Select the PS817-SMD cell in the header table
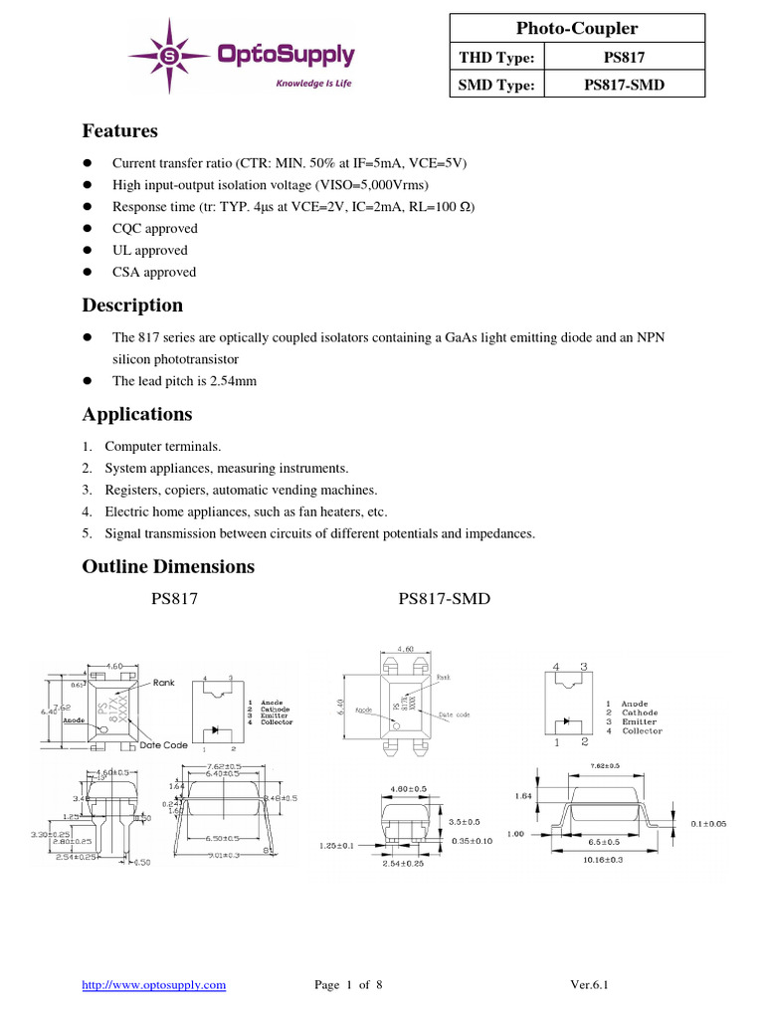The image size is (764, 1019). tap(624, 85)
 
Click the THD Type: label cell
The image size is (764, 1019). tap(496, 58)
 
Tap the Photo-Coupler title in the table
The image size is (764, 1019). tap(577, 29)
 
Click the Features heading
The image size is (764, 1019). tap(119, 131)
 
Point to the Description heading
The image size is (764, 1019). tap(132, 306)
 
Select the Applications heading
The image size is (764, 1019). tap(137, 414)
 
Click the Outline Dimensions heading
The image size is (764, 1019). tap(167, 566)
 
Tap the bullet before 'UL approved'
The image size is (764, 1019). tap(87, 251)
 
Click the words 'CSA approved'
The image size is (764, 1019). tap(154, 272)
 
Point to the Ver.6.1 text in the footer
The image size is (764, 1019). tap(589, 985)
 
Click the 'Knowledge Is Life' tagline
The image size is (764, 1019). tap(313, 84)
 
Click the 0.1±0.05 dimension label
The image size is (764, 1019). tap(707, 823)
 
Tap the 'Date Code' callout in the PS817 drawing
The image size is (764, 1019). tap(163, 745)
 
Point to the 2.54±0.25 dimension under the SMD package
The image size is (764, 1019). tap(403, 863)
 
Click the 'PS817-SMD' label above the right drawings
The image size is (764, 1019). tap(444, 599)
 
